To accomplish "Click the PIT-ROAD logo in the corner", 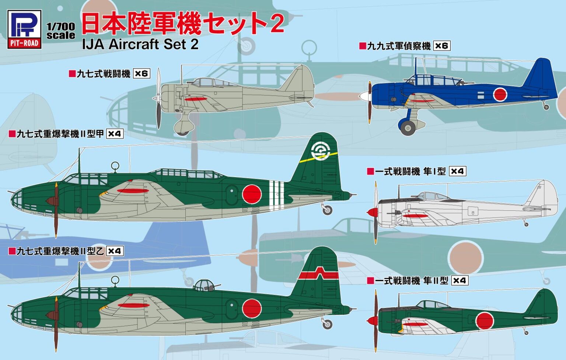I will [x=24, y=29].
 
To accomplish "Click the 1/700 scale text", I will [x=61, y=31].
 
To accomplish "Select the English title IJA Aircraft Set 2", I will [x=140, y=44].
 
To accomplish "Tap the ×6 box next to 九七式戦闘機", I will [x=141, y=74].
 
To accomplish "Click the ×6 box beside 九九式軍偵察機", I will [x=441, y=46].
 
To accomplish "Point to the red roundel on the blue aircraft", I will [x=500, y=94].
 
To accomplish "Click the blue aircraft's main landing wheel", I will [x=408, y=127].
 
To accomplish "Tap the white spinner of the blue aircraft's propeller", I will [x=364, y=96].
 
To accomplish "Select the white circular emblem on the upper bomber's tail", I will [x=320, y=151].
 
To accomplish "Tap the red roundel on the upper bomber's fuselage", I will [x=252, y=194].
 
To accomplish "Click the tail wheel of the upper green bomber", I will [x=327, y=210].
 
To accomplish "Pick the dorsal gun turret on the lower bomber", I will [x=204, y=285].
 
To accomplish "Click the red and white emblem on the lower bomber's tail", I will [x=319, y=275].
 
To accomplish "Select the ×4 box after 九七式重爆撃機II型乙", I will [x=115, y=251].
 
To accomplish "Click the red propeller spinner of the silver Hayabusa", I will [x=372, y=212].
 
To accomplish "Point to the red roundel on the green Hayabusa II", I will [x=485, y=321].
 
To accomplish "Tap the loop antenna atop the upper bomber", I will [x=115, y=166].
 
